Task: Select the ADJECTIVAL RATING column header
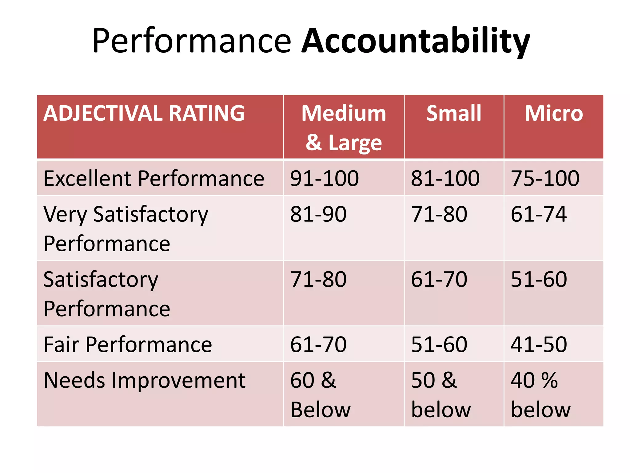click(144, 113)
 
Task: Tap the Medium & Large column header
click(344, 127)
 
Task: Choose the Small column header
click(454, 113)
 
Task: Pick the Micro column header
click(554, 113)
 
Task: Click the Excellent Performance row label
click(154, 178)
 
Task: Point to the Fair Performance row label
click(128, 344)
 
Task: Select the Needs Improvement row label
click(144, 380)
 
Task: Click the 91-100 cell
click(324, 178)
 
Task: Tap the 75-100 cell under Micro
click(545, 178)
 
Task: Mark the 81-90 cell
click(318, 214)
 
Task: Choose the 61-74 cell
click(539, 214)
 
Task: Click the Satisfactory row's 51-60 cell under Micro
click(539, 279)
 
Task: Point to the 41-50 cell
click(539, 344)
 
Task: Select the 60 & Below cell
click(320, 395)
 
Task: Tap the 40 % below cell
click(540, 395)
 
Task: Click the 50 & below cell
click(441, 395)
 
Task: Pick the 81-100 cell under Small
click(445, 178)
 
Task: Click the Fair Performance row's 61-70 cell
click(318, 344)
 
